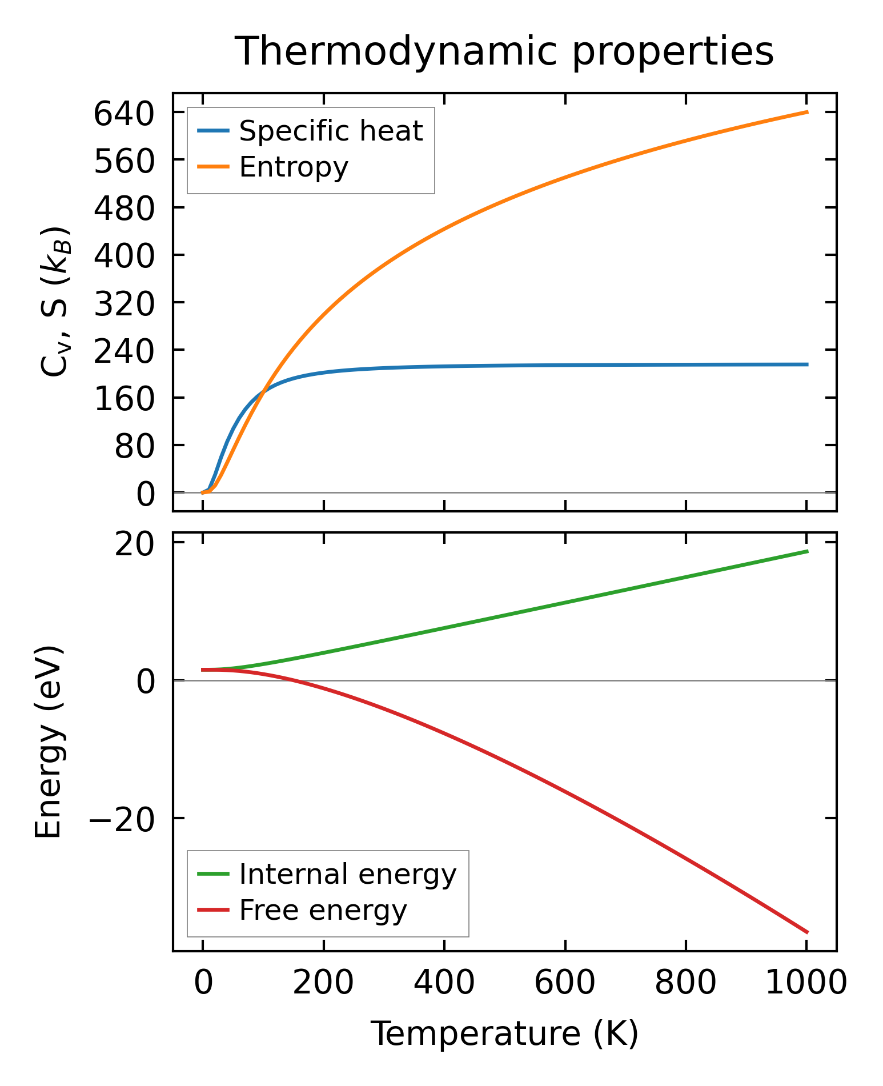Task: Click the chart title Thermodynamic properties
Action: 504,51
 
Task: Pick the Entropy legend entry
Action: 294,167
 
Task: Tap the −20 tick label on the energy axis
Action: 121,819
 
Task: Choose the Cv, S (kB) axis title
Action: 55,302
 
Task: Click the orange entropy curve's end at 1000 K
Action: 806,112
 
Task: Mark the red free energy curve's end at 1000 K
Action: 806,932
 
